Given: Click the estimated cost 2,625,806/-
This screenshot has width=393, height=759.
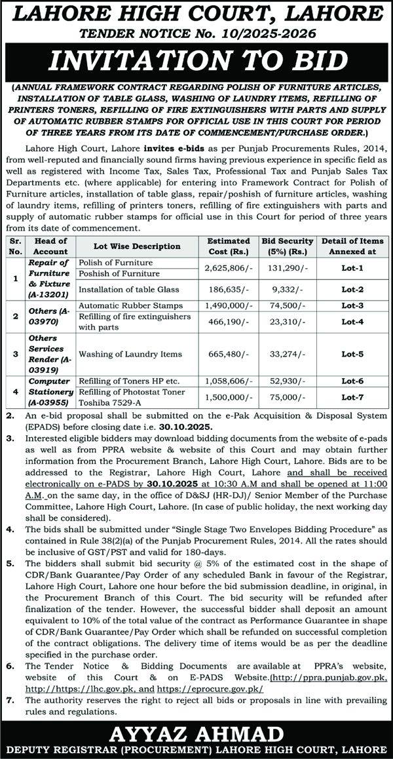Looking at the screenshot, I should pyautogui.click(x=228, y=268).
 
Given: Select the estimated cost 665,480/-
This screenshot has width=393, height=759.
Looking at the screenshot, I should pyautogui.click(x=228, y=353).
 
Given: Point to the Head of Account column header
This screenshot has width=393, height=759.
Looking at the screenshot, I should pyautogui.click(x=50, y=246).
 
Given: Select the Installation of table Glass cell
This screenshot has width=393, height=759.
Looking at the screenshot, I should pyautogui.click(x=127, y=288).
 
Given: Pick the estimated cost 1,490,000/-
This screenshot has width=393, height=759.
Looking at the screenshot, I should pyautogui.click(x=228, y=305).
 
